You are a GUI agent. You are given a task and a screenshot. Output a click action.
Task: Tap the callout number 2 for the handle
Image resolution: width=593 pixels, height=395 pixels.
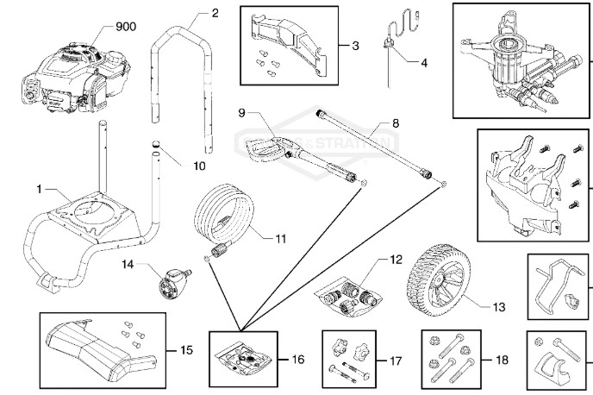pos(215,12)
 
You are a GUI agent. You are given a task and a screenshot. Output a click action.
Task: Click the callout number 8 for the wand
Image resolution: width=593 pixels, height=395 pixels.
pos(396,123)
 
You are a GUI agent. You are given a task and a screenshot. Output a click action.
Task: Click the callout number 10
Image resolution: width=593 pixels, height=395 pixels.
pos(199,163)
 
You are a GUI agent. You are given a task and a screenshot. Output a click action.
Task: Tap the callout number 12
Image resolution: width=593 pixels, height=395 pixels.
pos(396,259)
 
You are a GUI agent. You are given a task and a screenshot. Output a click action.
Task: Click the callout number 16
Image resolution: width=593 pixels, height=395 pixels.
pos(298,358)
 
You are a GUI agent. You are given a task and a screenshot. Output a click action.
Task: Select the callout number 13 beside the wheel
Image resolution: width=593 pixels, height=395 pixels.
pos(499,306)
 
